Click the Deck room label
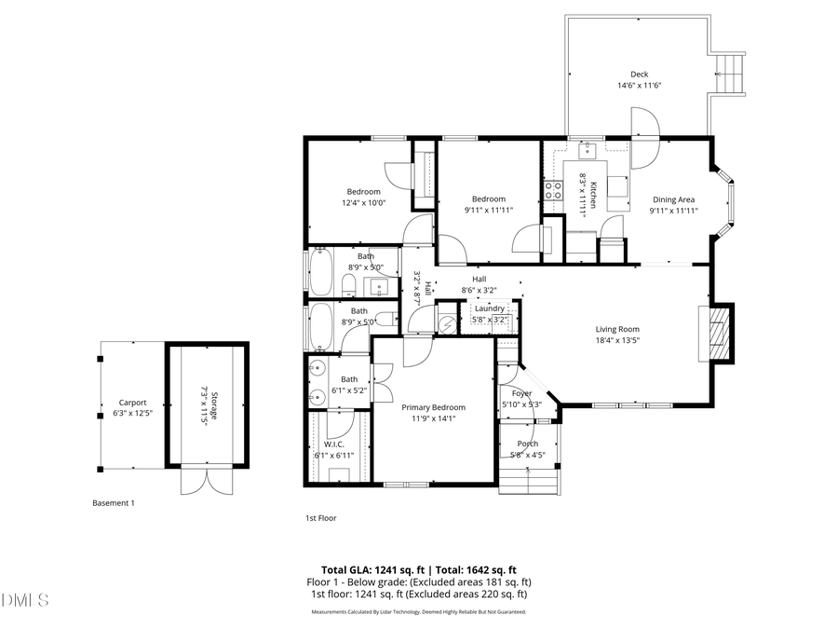(x=639, y=75)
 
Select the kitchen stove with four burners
(x=552, y=190)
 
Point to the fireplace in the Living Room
(x=717, y=334)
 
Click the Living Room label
(x=617, y=329)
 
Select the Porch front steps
(x=528, y=480)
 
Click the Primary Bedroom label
(x=433, y=407)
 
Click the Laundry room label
(x=489, y=308)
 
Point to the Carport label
(x=132, y=403)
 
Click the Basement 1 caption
(x=114, y=503)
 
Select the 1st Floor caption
(x=321, y=518)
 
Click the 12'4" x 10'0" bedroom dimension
(x=364, y=203)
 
